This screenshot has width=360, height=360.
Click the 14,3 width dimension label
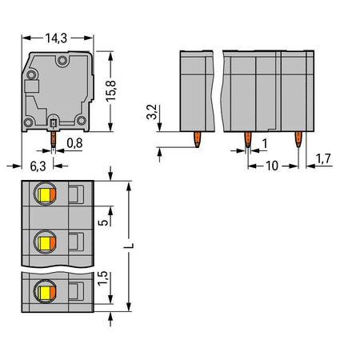[56, 38]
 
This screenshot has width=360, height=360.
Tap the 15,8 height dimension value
[111, 91]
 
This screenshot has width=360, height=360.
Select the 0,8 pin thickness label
[74, 143]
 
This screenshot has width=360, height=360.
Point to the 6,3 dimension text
[38, 166]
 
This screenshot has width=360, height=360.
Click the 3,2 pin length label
[152, 112]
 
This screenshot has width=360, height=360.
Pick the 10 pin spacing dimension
[272, 166]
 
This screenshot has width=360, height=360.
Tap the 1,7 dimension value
[323, 158]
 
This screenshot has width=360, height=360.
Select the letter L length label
[129, 246]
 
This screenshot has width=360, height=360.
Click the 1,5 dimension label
[102, 278]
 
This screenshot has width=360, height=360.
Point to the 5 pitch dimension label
[103, 222]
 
